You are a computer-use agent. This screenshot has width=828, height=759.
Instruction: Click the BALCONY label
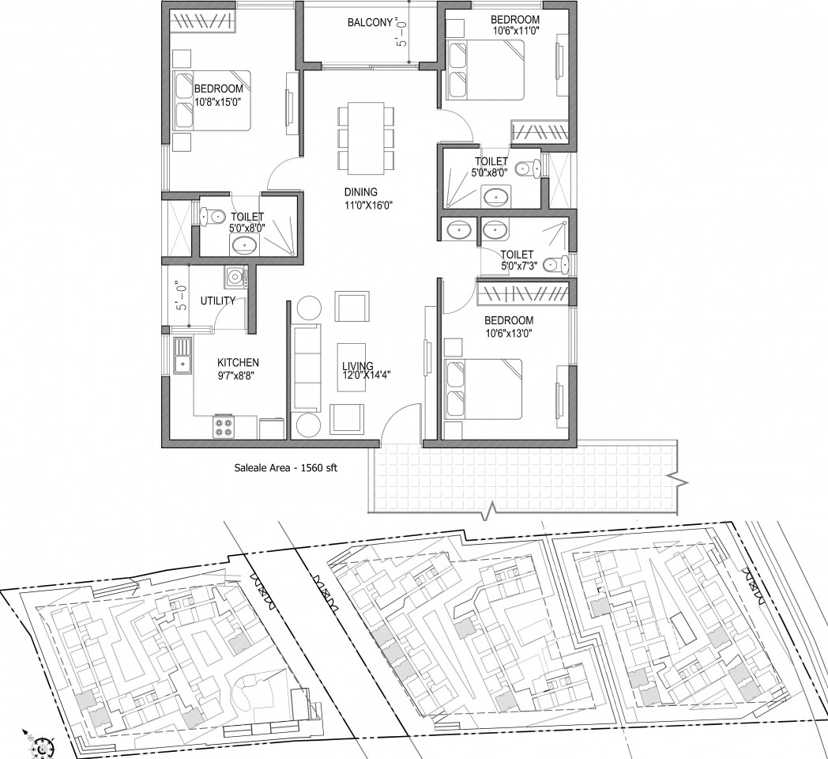point(371,23)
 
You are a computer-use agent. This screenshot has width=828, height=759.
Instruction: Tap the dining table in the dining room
point(366,138)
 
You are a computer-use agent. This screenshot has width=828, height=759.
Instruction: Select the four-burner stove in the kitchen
point(224,427)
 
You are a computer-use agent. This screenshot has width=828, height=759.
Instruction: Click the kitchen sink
point(182,357)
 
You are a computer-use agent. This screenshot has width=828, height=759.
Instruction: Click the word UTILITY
point(217,301)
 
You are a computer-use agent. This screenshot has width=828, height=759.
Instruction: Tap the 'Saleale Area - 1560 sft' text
point(286,468)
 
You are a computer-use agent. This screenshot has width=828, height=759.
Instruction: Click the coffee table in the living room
point(352,368)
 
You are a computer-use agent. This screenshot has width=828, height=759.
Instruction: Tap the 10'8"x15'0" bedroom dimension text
point(218,103)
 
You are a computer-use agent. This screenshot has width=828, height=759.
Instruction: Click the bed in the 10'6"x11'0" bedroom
point(485,70)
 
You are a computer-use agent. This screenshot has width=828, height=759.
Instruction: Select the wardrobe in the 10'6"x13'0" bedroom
point(523,293)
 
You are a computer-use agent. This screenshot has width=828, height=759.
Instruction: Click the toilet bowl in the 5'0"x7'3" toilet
point(556,263)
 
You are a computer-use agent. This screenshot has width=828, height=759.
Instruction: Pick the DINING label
point(360,192)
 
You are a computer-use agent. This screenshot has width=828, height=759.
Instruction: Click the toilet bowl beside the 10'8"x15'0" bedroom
point(211,216)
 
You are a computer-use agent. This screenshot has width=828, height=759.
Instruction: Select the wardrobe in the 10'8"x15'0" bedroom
point(203,21)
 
